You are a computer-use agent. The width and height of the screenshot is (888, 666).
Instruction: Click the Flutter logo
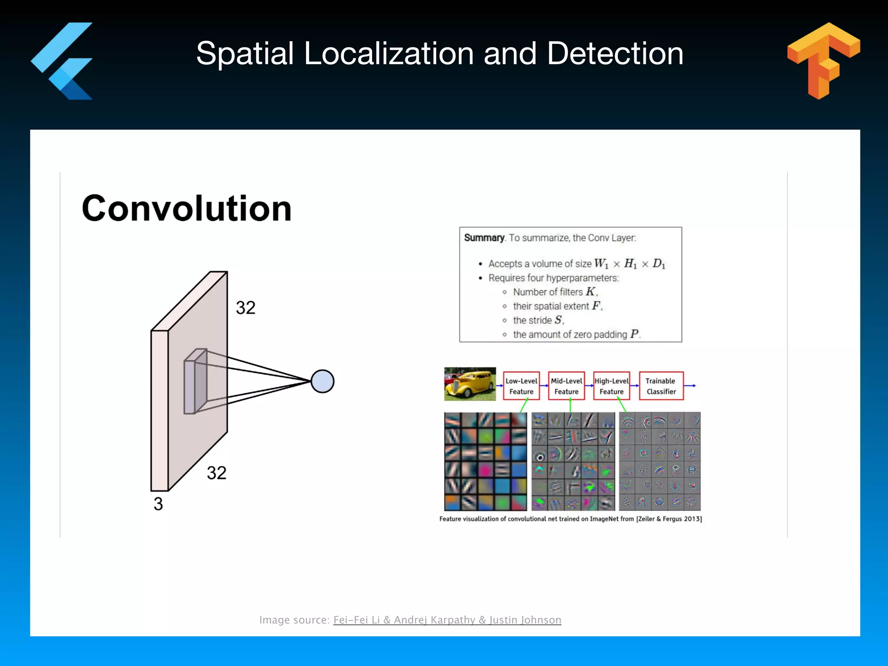pyautogui.click(x=63, y=61)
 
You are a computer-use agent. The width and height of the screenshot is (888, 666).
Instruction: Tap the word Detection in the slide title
pyautogui.click(x=615, y=54)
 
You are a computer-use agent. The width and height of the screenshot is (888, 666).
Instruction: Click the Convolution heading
pyautogui.click(x=186, y=209)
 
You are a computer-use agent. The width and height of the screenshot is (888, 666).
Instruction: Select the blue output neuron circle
pyautogui.click(x=322, y=382)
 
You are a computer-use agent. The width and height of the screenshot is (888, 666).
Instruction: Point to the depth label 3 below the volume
pyautogui.click(x=158, y=504)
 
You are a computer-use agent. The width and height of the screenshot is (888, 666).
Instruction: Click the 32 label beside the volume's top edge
pyautogui.click(x=245, y=308)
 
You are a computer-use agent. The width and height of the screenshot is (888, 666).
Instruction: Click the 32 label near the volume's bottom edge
pyautogui.click(x=216, y=473)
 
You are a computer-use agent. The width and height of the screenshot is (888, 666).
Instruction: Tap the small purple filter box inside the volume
pyautogui.click(x=195, y=382)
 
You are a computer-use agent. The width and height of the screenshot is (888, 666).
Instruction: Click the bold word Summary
pyautogui.click(x=484, y=238)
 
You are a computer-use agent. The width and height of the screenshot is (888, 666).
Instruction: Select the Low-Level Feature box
pyautogui.click(x=521, y=386)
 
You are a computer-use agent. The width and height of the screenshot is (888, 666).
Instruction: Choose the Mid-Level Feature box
pyautogui.click(x=566, y=386)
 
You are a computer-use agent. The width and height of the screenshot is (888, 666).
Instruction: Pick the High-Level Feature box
pyautogui.click(x=611, y=386)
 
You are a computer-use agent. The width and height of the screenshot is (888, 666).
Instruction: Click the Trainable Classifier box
pyautogui.click(x=661, y=386)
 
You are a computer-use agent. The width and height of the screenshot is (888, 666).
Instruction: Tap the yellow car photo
pyautogui.click(x=470, y=384)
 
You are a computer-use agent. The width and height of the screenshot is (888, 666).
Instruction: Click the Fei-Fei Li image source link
pyautogui.click(x=447, y=620)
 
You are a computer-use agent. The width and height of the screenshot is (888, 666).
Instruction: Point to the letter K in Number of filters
pyautogui.click(x=590, y=292)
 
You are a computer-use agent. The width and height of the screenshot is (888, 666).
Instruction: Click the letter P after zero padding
pyautogui.click(x=634, y=334)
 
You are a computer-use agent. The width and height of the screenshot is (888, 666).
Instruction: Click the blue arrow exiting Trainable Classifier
pyautogui.click(x=690, y=385)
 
